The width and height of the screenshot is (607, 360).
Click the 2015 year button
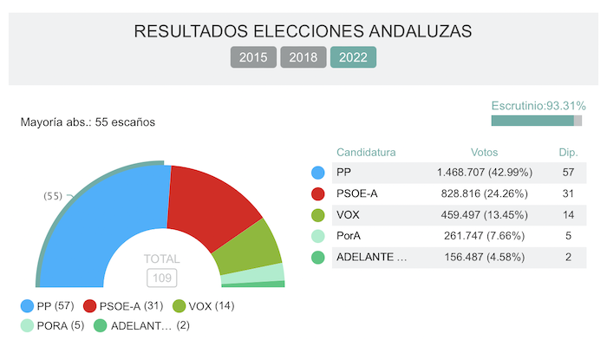click(x=253, y=58)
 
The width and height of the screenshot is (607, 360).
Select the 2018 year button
click(x=303, y=58)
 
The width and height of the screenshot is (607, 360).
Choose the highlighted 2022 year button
click(x=353, y=58)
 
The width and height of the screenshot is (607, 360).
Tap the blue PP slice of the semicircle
click(x=104, y=226)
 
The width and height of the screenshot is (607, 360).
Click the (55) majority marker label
click(x=54, y=196)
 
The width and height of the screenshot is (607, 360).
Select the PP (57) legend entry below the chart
click(x=49, y=305)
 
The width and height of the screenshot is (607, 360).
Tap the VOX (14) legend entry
click(x=204, y=305)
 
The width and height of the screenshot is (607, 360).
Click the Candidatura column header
click(x=366, y=151)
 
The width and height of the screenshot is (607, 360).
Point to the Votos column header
click(x=484, y=151)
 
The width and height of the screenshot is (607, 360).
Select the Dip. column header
click(x=568, y=151)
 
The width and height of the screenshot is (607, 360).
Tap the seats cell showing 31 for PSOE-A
click(x=568, y=193)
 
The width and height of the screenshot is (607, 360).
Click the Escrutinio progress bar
click(x=536, y=121)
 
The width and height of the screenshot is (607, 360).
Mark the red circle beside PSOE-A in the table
click(x=317, y=193)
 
